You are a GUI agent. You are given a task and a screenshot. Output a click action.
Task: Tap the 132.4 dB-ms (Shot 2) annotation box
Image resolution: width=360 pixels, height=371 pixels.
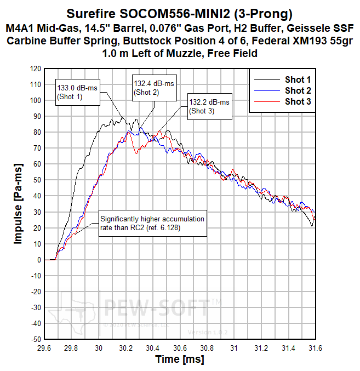154,88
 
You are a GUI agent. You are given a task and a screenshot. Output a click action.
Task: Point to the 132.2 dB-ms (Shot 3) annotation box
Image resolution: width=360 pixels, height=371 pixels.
209,106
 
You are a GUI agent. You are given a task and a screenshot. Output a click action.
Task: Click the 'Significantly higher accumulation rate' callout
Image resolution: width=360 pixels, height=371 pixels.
152,223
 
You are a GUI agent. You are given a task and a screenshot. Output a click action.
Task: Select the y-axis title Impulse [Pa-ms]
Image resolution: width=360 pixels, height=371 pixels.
18,204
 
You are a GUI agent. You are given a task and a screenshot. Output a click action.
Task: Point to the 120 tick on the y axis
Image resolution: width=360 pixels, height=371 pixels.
36,69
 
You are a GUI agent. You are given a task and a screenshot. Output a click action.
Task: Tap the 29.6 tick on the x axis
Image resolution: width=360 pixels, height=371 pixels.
44,348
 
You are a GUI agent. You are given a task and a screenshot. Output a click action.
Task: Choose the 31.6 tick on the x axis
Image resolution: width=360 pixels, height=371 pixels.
315,348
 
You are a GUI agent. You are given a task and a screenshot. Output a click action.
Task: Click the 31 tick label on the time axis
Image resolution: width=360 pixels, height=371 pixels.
234,348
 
